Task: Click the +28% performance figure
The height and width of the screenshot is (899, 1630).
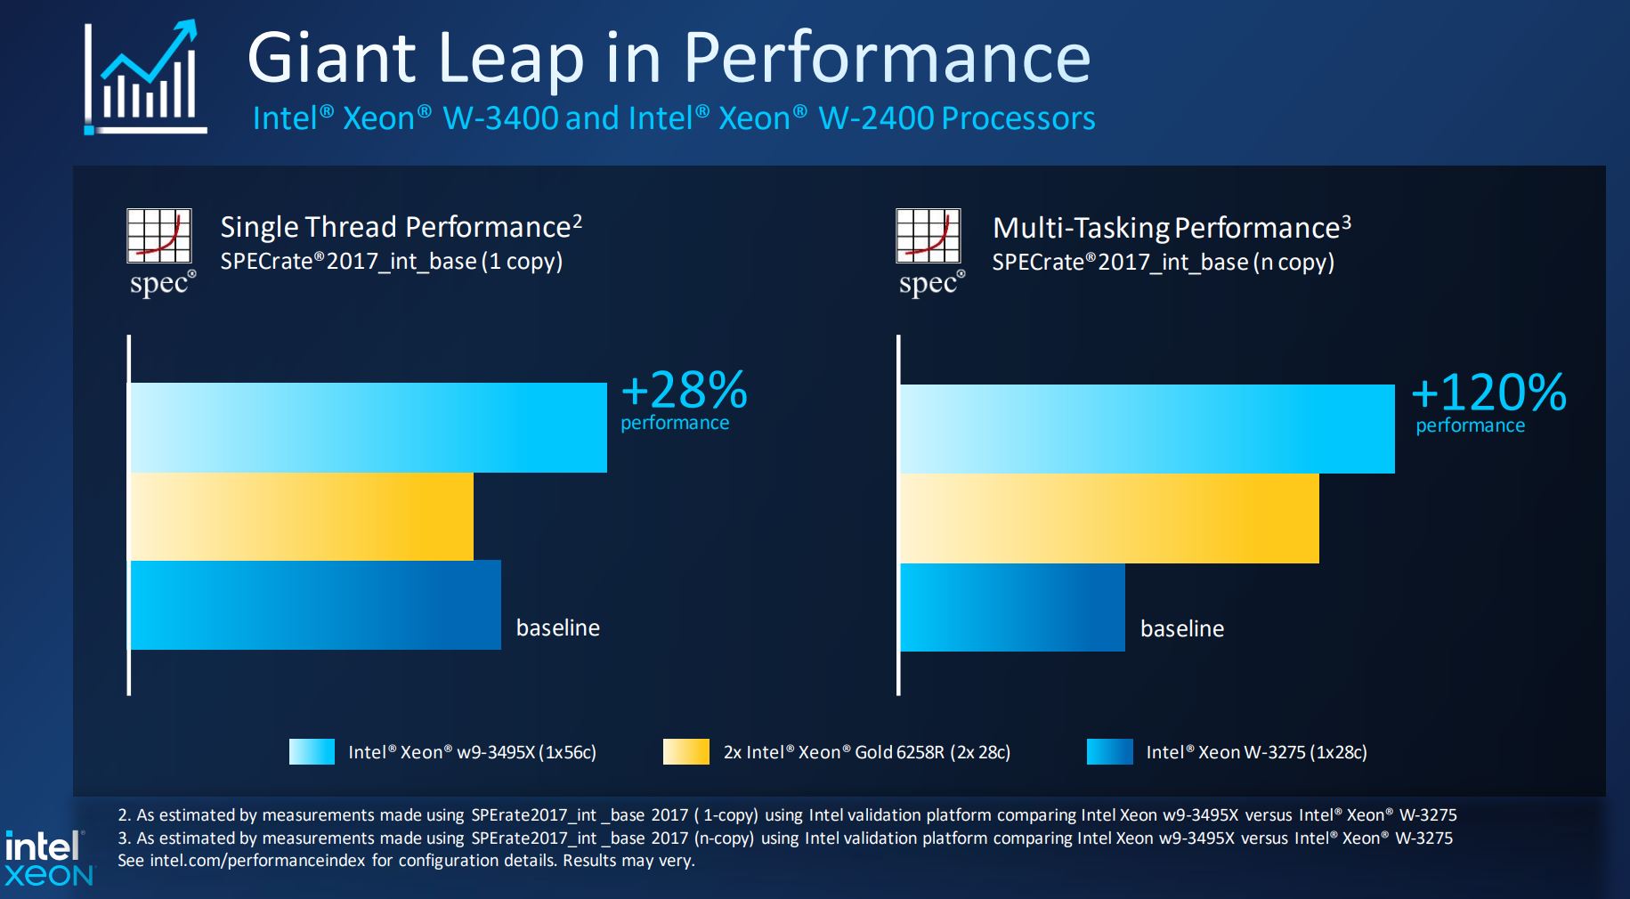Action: pos(684,391)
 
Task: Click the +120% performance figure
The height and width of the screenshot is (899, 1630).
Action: pos(1488,393)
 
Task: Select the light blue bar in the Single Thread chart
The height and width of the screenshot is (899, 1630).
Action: pos(369,427)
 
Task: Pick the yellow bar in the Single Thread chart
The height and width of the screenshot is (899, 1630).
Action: pos(302,516)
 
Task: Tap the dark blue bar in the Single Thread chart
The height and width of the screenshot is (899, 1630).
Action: pos(315,605)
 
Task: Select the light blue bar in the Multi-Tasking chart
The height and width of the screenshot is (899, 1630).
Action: pos(1147,429)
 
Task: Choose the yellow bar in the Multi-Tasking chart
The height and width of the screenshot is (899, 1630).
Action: pos(1109,518)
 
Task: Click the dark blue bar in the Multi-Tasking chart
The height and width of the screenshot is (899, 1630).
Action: pos(1012,607)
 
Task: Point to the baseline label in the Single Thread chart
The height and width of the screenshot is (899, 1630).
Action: pos(558,628)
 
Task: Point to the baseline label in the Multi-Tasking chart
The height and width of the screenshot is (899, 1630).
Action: pos(1182,628)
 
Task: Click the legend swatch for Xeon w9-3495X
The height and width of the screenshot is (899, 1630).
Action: pos(312,752)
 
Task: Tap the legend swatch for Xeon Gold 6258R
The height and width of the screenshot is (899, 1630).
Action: pos(685,752)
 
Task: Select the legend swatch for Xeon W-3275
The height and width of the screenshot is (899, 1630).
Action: pos(1109,752)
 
